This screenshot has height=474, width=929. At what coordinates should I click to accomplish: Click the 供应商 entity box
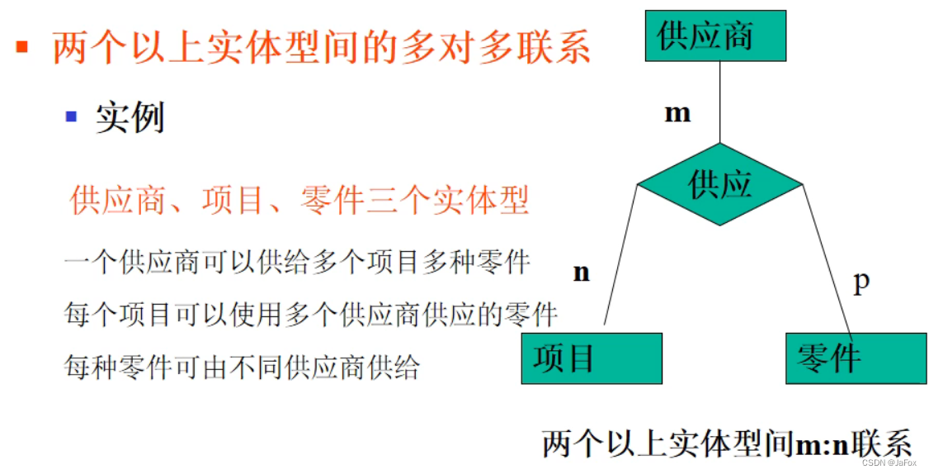[715, 36]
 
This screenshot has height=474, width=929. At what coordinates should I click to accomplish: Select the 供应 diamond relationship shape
[719, 183]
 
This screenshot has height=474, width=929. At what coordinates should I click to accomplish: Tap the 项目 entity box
[592, 358]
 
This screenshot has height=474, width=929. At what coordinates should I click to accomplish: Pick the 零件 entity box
[855, 358]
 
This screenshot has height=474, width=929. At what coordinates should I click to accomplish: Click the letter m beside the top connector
[677, 112]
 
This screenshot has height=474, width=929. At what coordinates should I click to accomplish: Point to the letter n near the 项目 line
[582, 273]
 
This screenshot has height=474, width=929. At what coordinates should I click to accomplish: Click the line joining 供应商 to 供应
[720, 103]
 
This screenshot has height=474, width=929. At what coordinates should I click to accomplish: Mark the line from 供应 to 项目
[620, 256]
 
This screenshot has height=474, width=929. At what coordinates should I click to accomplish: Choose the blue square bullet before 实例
[71, 116]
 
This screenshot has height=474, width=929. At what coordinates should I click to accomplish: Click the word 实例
[130, 117]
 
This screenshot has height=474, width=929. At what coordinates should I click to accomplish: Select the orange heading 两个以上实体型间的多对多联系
[322, 46]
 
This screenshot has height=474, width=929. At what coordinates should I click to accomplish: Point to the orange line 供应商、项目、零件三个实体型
[299, 200]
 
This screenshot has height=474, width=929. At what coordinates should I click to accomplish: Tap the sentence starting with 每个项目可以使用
[311, 314]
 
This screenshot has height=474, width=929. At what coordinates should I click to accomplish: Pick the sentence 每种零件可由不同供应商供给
[242, 366]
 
